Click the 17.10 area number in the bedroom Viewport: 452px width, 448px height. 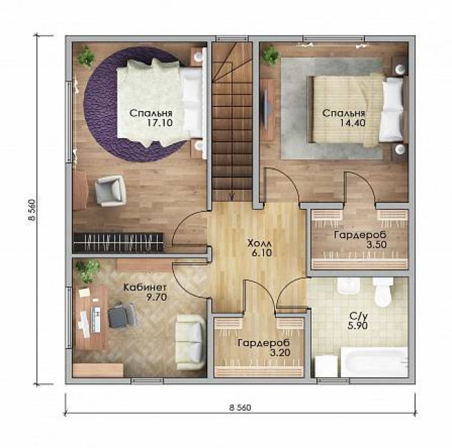pos(160,123)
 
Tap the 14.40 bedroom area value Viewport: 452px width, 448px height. pos(353,123)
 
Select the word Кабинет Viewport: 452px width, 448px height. pos(145,288)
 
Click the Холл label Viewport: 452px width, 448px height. pos(259,243)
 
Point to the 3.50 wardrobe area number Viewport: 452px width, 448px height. pos(376,244)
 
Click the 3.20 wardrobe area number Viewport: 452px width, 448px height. pos(280,352)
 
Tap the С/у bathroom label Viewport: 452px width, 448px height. pos(358,317)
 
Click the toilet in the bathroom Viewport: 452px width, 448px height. pos(382,292)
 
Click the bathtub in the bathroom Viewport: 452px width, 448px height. pos(374,362)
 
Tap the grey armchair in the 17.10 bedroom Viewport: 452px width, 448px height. pos(111,191)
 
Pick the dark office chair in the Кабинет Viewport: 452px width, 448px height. pos(122,315)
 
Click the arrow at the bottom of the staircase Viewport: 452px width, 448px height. pos(231,196)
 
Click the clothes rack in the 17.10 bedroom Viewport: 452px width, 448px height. pos(118,242)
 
